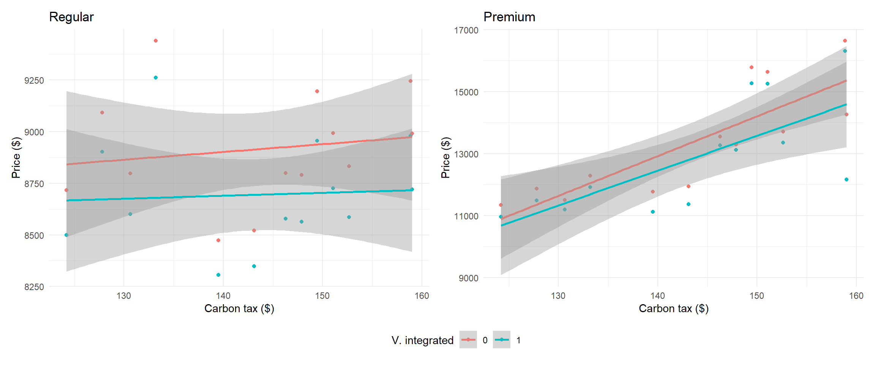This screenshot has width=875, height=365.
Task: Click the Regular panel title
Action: [x=71, y=17]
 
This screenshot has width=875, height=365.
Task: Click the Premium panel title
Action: [x=509, y=17]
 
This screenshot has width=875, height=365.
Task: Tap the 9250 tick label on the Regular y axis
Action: [x=34, y=81]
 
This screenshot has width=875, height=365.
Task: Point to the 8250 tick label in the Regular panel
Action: [x=34, y=287]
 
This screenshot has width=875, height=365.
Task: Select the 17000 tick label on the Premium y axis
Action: [x=466, y=30]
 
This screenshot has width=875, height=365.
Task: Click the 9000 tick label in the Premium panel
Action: [x=468, y=278]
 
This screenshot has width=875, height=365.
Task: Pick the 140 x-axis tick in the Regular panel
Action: [x=223, y=296]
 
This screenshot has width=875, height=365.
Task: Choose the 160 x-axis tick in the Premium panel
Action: [x=856, y=296]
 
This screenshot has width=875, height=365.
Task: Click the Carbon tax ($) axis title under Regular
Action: [x=239, y=308]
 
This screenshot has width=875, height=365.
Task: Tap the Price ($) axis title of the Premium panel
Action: [x=445, y=157]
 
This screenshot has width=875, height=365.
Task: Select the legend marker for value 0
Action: [x=468, y=340]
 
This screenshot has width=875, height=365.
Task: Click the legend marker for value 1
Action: [x=502, y=340]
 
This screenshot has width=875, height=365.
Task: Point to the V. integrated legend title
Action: [x=422, y=340]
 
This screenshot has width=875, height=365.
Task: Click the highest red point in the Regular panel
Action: [x=156, y=41]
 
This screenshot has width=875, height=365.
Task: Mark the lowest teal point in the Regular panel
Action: [x=218, y=275]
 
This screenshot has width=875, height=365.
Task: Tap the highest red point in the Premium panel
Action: [x=845, y=41]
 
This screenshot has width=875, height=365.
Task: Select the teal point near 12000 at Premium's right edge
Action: [x=847, y=179]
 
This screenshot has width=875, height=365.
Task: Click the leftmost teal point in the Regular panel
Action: [x=66, y=235]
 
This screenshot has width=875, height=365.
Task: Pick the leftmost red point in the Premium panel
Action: [x=501, y=205]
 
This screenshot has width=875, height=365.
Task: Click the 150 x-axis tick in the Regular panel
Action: [x=322, y=296]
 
